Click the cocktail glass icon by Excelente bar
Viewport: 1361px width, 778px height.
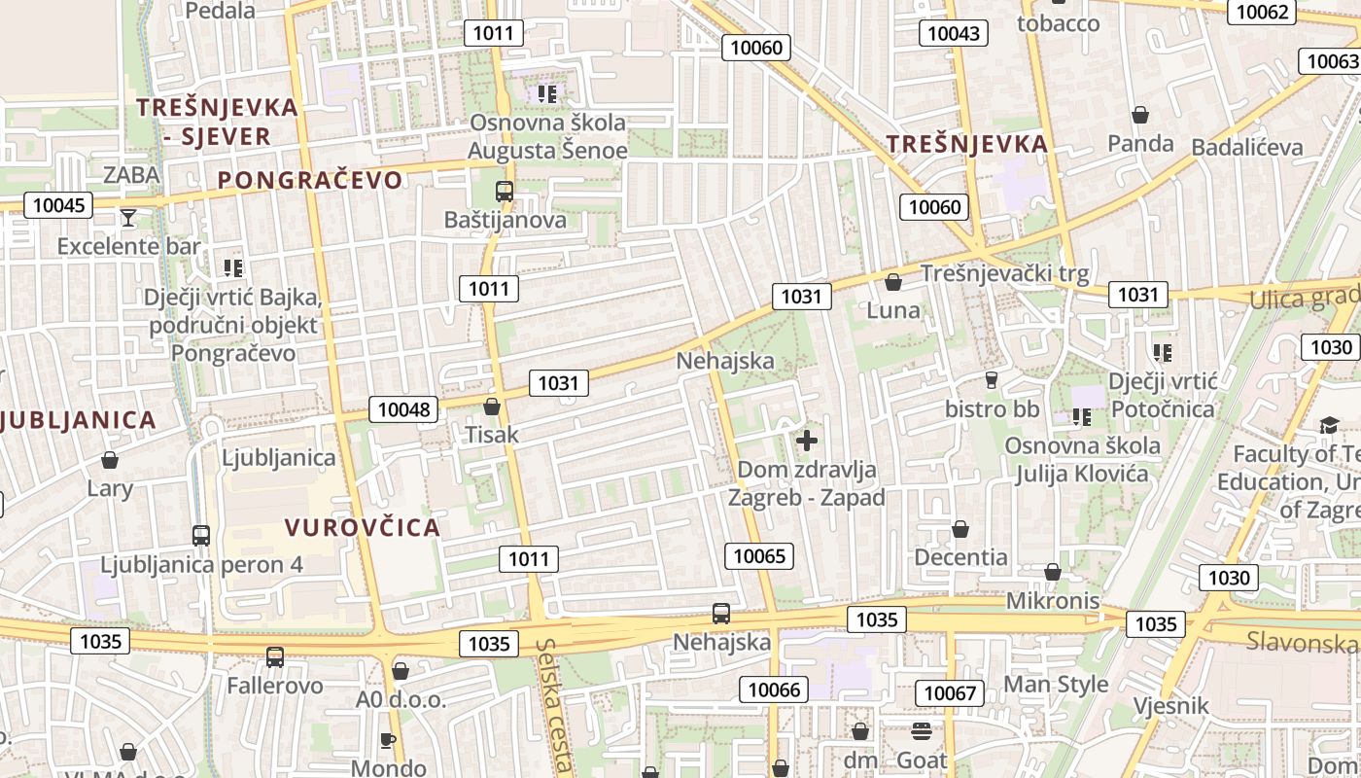pyautogui.click(x=128, y=217)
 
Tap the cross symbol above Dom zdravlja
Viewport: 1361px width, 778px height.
pyautogui.click(x=806, y=441)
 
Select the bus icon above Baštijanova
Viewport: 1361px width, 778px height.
pyautogui.click(x=504, y=192)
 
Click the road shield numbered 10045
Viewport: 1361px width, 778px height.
pyautogui.click(x=58, y=205)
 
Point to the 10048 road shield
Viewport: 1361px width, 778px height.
pyautogui.click(x=403, y=409)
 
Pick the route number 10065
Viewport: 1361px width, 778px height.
pyautogui.click(x=759, y=556)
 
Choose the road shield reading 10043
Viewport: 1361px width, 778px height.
pyautogui.click(x=954, y=33)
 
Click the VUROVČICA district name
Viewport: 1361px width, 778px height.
pyautogui.click(x=363, y=528)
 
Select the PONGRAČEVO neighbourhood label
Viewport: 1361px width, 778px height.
pyautogui.click(x=309, y=180)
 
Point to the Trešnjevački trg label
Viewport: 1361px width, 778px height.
pyautogui.click(x=1004, y=273)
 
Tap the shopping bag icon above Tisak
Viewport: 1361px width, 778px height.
pyautogui.click(x=492, y=407)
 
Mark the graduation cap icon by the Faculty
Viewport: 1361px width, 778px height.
pyautogui.click(x=1329, y=425)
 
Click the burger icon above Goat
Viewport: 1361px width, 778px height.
pyautogui.click(x=921, y=731)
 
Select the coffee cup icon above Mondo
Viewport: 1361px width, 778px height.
pyautogui.click(x=387, y=741)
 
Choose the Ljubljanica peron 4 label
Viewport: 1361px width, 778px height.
pyautogui.click(x=202, y=564)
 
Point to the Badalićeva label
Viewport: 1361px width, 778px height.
pyautogui.click(x=1246, y=147)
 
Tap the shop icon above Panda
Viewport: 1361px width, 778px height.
pyautogui.click(x=1140, y=115)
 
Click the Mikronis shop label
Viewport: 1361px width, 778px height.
pyautogui.click(x=1053, y=600)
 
